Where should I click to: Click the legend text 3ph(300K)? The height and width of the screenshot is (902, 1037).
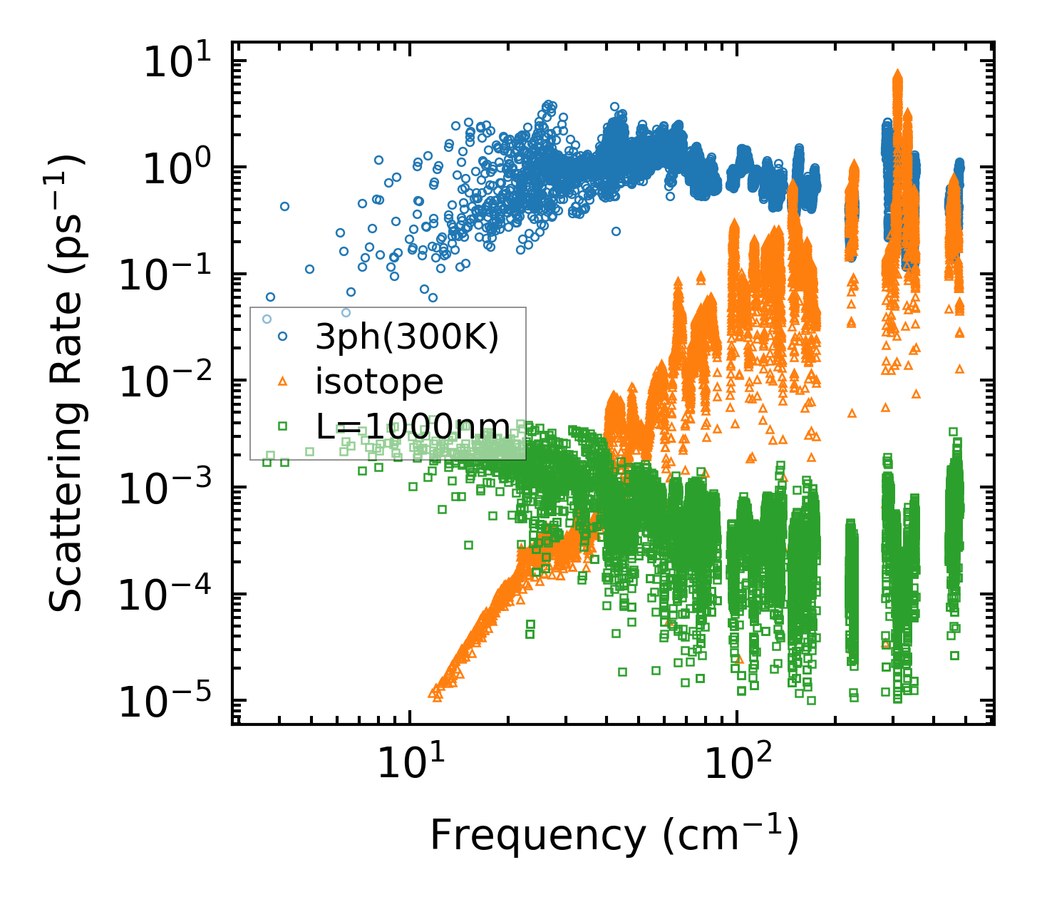point(407,337)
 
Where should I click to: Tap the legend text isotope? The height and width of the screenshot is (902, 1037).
point(379,382)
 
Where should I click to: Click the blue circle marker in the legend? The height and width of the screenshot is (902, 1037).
point(282,336)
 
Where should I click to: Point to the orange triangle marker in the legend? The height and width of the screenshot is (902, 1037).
point(282,381)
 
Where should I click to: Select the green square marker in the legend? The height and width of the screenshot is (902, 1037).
point(282,426)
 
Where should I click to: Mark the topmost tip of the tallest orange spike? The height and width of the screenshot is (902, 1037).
point(898,73)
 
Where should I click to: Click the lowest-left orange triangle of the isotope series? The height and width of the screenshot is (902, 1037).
point(432,691)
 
